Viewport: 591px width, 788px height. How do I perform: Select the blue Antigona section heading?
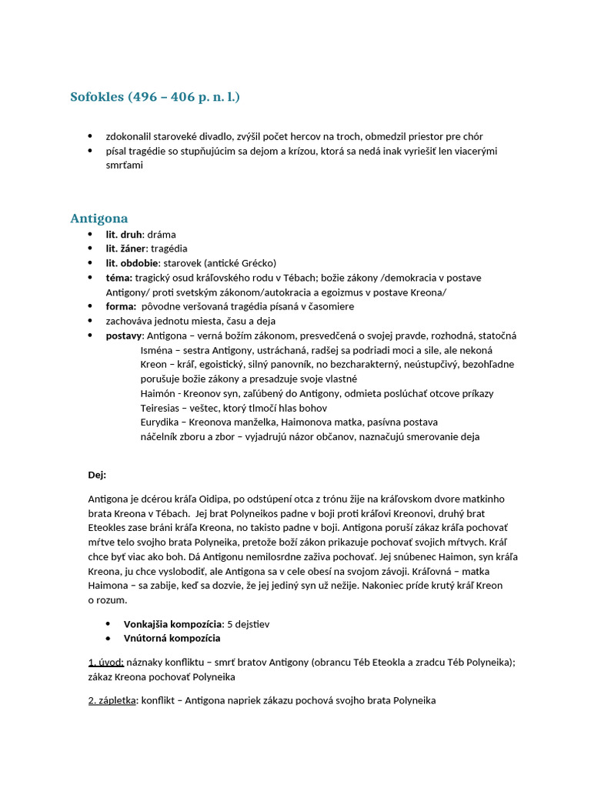pyautogui.click(x=98, y=219)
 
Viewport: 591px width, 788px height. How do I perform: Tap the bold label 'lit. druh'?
pyautogui.click(x=124, y=235)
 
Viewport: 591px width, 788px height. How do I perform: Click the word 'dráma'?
pyautogui.click(x=162, y=235)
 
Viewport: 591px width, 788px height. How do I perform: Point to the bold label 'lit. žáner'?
pyautogui.click(x=126, y=249)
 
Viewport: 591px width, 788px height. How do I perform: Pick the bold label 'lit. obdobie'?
pyautogui.click(x=133, y=263)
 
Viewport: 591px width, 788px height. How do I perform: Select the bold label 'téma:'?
pyautogui.click(x=119, y=278)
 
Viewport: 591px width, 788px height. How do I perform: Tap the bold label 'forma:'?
pyautogui.click(x=121, y=306)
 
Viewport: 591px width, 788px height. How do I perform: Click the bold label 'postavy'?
pyautogui.click(x=124, y=336)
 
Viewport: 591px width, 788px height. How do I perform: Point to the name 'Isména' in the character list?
pyautogui.click(x=156, y=350)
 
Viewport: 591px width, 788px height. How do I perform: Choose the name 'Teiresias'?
pyautogui.click(x=162, y=408)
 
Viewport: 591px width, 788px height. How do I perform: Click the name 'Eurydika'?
pyautogui.click(x=161, y=422)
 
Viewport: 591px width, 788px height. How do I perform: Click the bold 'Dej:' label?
pyautogui.click(x=97, y=475)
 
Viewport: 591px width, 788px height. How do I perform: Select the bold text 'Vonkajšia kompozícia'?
pyautogui.click(x=172, y=624)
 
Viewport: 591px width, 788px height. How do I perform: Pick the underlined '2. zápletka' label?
pyautogui.click(x=112, y=701)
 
